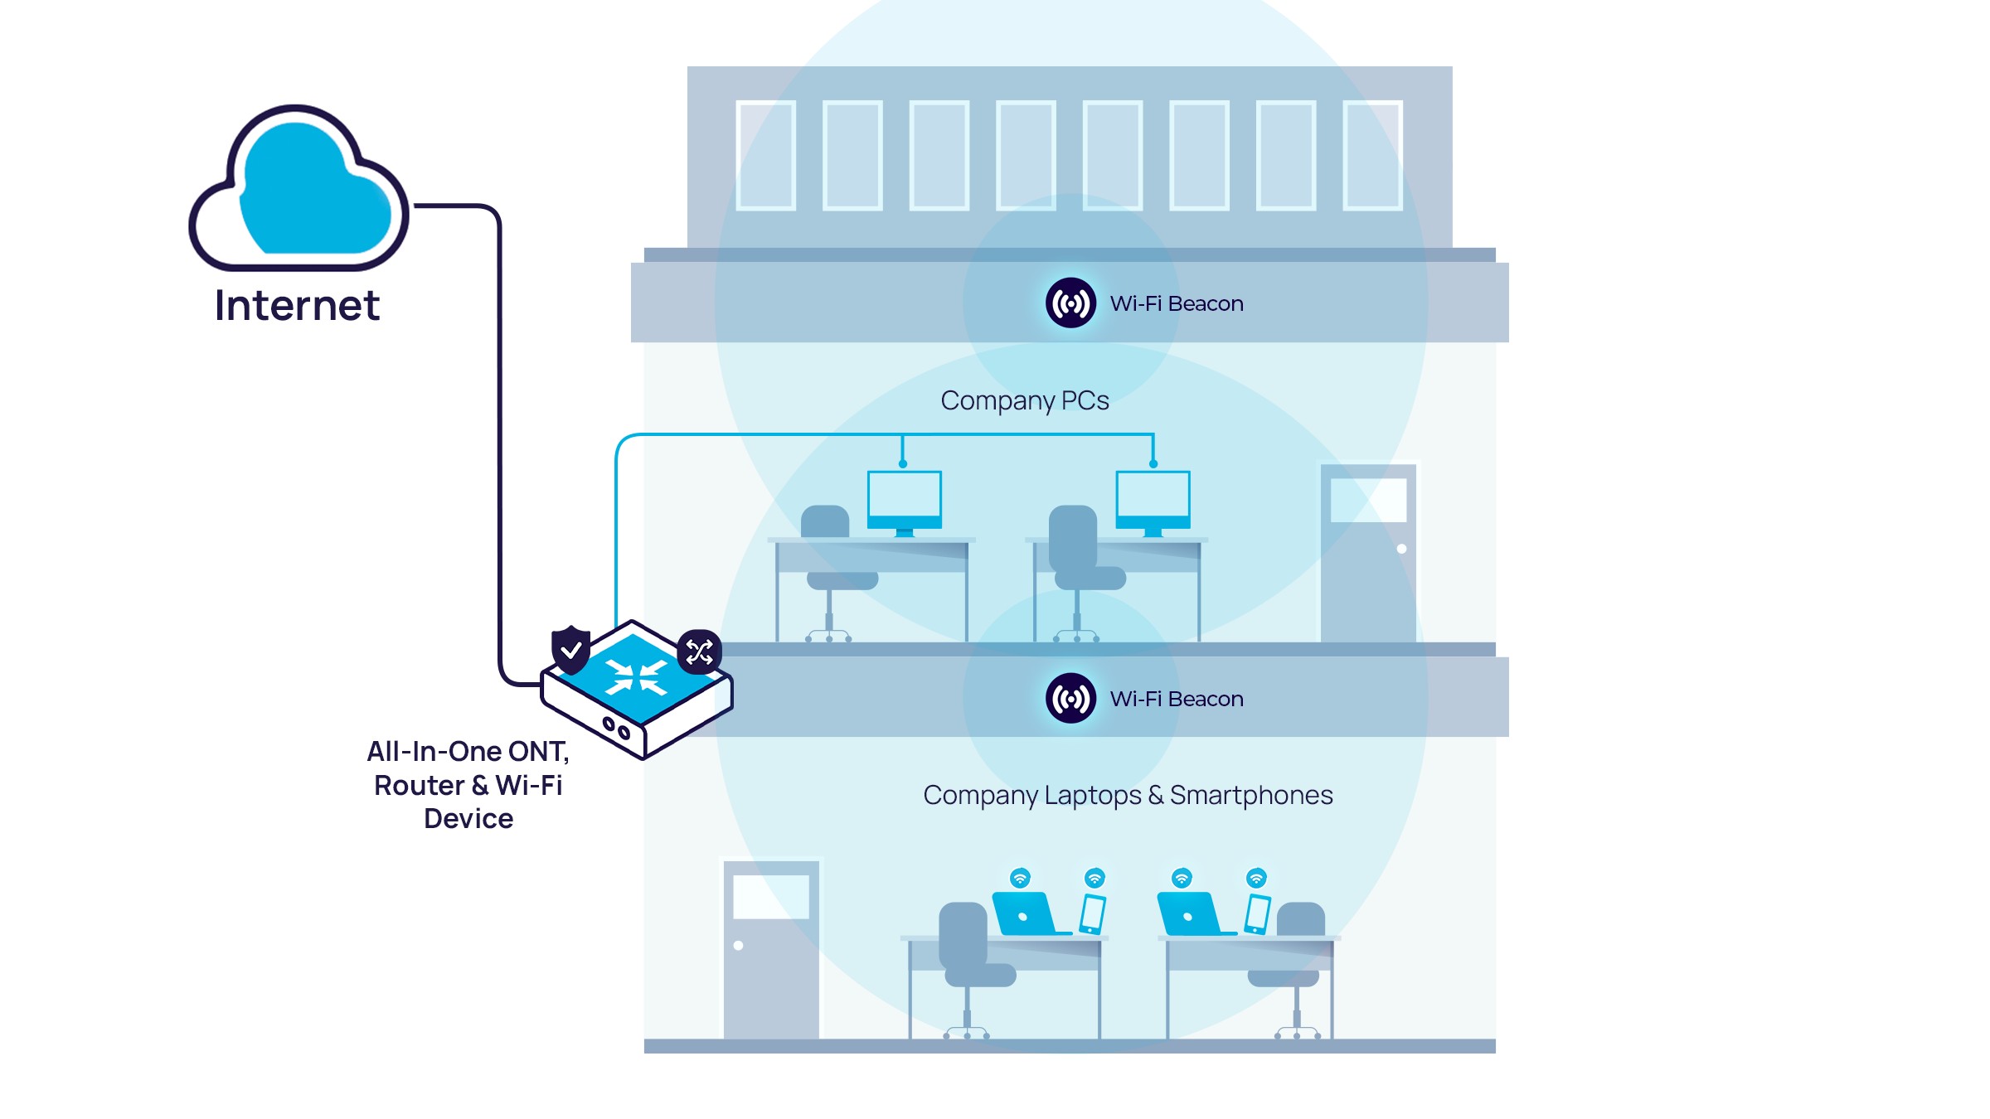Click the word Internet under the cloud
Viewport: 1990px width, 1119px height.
tap(297, 305)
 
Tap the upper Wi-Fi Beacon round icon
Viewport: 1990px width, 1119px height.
tap(1070, 303)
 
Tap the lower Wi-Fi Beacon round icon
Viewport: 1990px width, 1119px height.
tap(1070, 698)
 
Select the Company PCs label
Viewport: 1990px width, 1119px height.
tap(1024, 400)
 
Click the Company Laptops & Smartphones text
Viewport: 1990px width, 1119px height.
tap(1127, 795)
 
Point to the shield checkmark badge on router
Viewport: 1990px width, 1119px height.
tap(570, 648)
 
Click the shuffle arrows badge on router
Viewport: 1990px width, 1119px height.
tap(699, 652)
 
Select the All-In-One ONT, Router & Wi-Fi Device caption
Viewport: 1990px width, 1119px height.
tap(468, 784)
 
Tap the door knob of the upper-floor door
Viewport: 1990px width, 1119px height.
tap(1401, 549)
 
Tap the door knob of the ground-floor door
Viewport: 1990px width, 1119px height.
tap(738, 945)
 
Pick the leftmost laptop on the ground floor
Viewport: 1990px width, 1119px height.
tap(1025, 913)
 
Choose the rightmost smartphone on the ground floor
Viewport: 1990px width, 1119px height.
tap(1258, 913)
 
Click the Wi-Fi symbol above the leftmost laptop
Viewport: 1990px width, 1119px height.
tap(1020, 878)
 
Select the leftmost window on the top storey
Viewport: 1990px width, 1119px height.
tap(765, 155)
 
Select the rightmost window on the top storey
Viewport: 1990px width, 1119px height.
tap(1372, 155)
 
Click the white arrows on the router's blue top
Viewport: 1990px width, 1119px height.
tap(636, 676)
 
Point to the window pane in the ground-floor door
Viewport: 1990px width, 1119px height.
tap(771, 896)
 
